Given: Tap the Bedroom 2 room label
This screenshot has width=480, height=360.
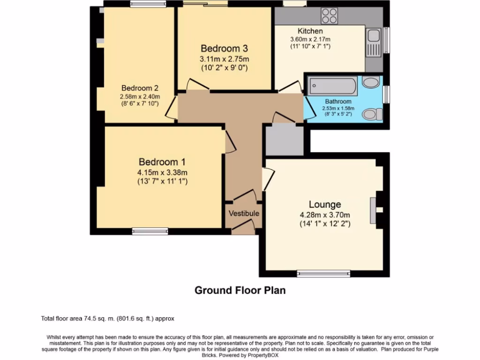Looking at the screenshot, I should point(140,88).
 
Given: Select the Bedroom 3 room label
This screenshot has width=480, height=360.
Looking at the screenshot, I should point(224,48).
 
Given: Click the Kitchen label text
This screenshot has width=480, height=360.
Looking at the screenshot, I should point(310,31).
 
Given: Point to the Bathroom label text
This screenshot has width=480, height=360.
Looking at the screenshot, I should point(338,101).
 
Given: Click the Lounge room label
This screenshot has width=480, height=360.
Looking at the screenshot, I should point(324,204).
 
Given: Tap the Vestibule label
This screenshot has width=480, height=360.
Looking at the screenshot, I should point(244,213).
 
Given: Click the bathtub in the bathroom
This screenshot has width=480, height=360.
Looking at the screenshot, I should point(333,87).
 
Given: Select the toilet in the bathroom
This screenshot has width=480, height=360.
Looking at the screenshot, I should point(373,114).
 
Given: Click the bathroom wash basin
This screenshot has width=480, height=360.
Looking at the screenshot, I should point(371,83).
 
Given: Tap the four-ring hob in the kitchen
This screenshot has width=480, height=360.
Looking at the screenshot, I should point(330,16).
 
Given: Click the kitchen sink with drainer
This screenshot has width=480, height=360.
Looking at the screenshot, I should point(374,43).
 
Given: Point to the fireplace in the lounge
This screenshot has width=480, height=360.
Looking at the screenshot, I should point(374,210).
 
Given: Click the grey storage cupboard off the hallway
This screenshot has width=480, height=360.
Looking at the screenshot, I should point(284,140).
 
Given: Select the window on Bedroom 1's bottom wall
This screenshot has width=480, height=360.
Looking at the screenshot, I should point(150,231).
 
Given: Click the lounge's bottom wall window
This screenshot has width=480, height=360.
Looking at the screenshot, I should point(323,274).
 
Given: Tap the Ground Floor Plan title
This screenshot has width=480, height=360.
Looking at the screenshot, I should point(240,290).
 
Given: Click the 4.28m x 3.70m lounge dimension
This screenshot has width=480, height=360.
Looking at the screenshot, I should point(325,215).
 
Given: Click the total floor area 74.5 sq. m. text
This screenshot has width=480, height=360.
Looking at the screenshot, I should point(108,319).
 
